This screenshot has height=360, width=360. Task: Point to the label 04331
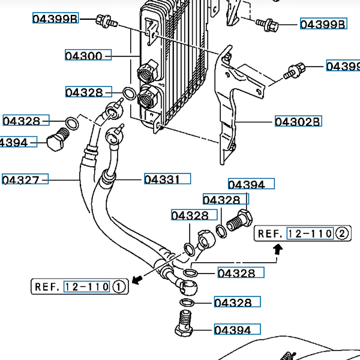(166, 179)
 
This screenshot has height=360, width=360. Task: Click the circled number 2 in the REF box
(341, 234)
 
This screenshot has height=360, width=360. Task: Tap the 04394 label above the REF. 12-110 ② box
(250, 185)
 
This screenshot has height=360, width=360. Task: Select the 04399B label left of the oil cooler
(55, 19)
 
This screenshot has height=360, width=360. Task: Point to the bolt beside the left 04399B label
(106, 22)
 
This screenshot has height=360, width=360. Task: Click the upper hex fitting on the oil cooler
(148, 72)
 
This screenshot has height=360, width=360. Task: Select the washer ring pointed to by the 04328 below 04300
(129, 93)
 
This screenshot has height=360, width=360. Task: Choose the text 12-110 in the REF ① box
(87, 287)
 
